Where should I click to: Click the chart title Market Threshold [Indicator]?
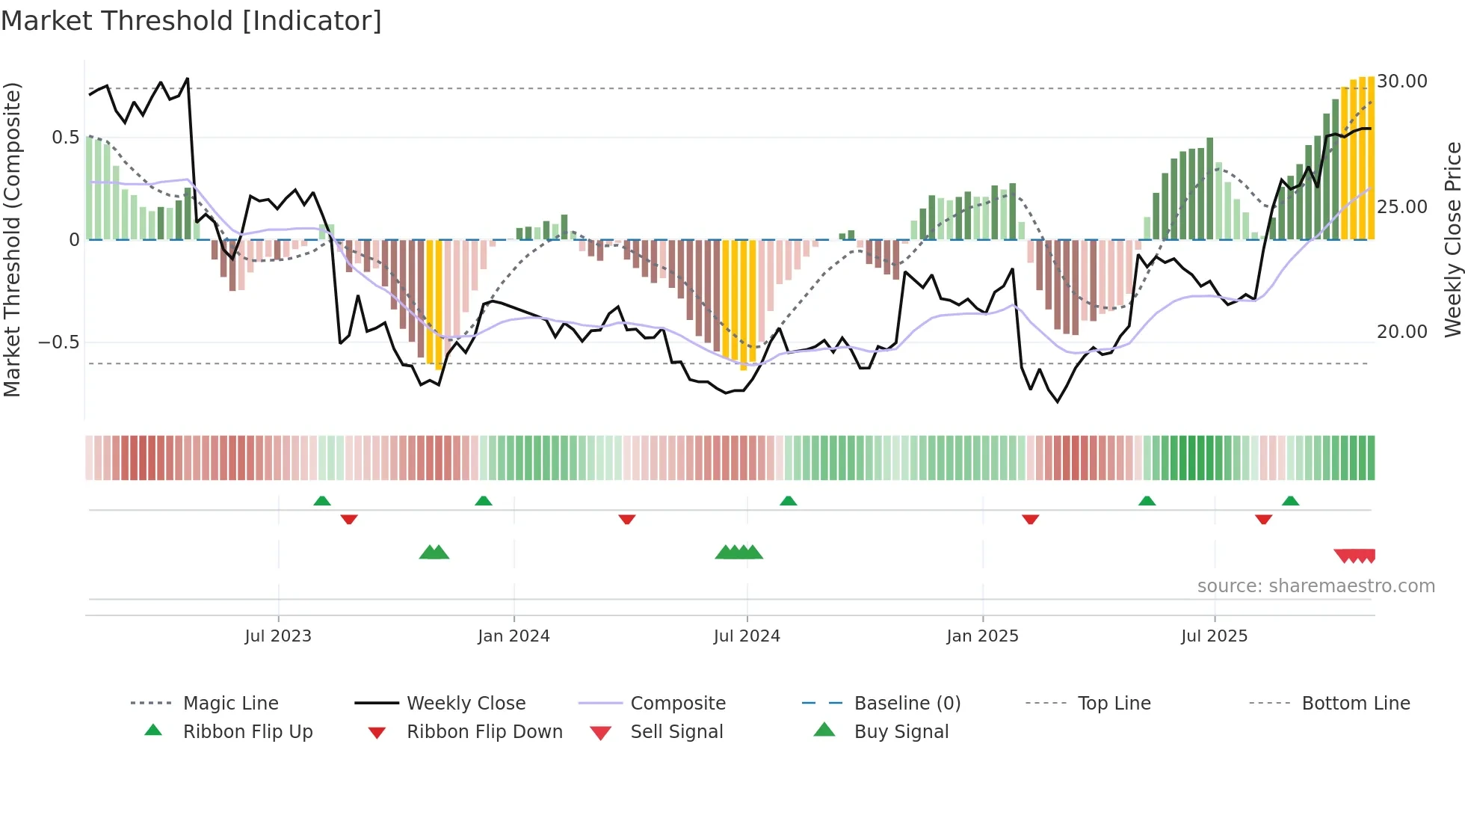click(x=191, y=21)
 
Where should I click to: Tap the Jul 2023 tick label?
click(x=277, y=636)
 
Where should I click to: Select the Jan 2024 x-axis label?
click(x=513, y=636)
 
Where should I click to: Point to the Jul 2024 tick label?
click(x=747, y=636)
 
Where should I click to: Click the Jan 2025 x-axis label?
click(x=982, y=636)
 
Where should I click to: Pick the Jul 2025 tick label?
click(x=1214, y=636)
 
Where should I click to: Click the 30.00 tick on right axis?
click(x=1402, y=82)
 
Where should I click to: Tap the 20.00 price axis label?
click(x=1402, y=332)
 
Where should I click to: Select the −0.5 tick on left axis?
click(x=58, y=342)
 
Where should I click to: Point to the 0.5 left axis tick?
click(x=65, y=138)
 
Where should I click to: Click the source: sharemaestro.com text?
click(x=1316, y=586)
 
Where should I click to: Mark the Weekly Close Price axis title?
click(x=1452, y=239)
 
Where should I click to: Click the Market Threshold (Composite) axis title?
click(x=12, y=239)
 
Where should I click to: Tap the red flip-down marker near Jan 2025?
click(x=1030, y=519)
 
